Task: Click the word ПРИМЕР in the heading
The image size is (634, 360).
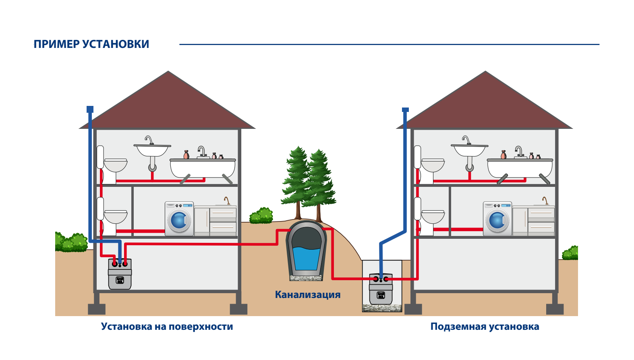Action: pyautogui.click(x=56, y=44)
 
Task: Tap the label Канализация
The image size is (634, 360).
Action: pyautogui.click(x=307, y=295)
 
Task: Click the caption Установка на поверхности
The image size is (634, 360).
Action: pyautogui.click(x=167, y=327)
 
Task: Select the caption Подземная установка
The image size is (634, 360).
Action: pyautogui.click(x=485, y=327)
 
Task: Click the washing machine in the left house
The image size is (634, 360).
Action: pyautogui.click(x=179, y=219)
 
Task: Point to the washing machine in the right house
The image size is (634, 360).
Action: pyautogui.click(x=497, y=219)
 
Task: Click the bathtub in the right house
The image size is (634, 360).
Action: pyautogui.click(x=520, y=168)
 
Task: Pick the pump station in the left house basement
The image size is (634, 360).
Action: pyautogui.click(x=120, y=275)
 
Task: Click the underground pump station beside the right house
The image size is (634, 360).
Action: pyautogui.click(x=381, y=290)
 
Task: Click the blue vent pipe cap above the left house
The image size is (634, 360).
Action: pyautogui.click(x=90, y=109)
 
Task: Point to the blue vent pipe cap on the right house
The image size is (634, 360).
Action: pyautogui.click(x=405, y=110)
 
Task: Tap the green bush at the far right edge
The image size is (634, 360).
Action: pyautogui.click(x=571, y=253)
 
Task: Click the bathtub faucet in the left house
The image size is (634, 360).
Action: pyautogui.click(x=202, y=151)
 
